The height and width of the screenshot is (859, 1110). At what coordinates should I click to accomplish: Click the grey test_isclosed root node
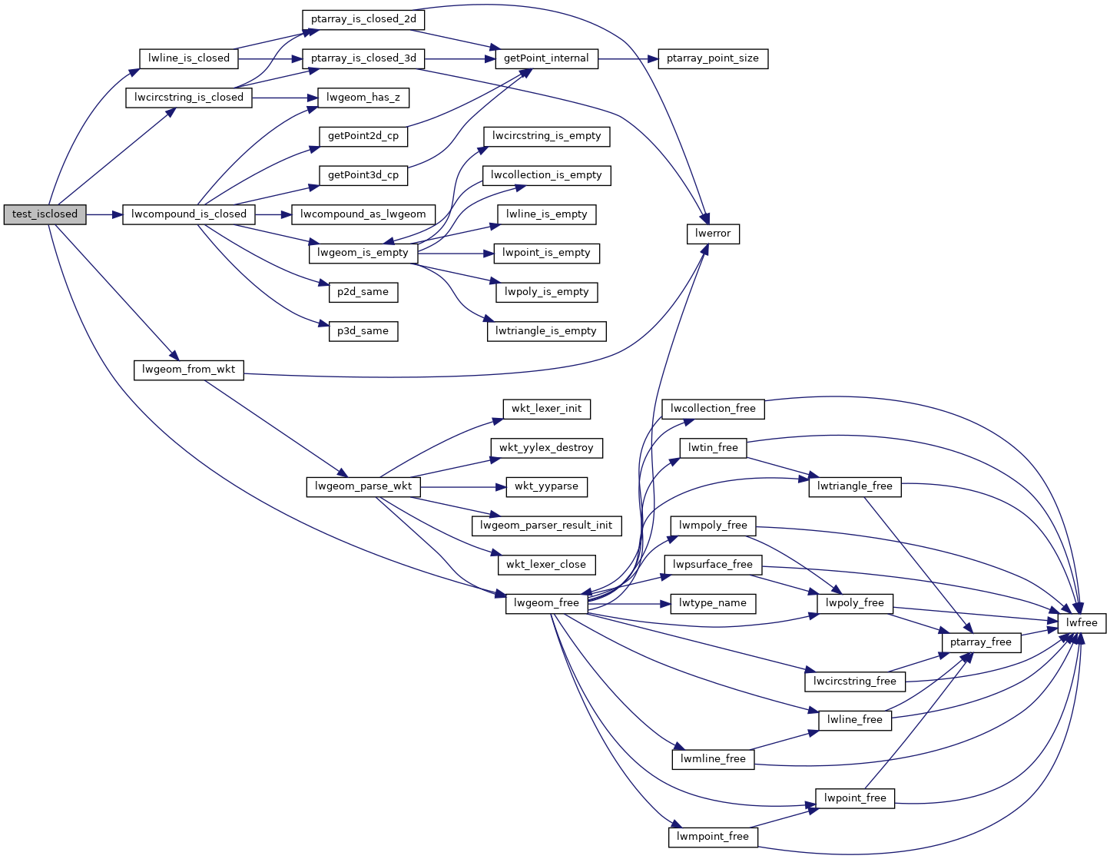pyautogui.click(x=45, y=214)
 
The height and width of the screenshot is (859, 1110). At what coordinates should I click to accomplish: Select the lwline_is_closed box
pyautogui.click(x=188, y=58)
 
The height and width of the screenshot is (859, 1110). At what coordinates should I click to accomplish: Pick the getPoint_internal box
pyautogui.click(x=546, y=58)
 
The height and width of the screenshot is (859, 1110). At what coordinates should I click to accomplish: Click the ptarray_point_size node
pyautogui.click(x=712, y=58)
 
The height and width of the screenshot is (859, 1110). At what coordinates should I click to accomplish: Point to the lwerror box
pyautogui.click(x=713, y=234)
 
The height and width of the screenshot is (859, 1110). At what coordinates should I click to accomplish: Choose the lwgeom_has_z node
pyautogui.click(x=363, y=98)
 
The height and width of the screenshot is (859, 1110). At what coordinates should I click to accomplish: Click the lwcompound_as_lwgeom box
pyautogui.click(x=363, y=214)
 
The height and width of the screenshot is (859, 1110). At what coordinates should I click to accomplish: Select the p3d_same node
pyautogui.click(x=363, y=331)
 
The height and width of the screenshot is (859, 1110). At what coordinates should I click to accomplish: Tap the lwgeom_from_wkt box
pyautogui.click(x=188, y=370)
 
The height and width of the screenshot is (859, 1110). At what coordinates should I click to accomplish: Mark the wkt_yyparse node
pyautogui.click(x=546, y=486)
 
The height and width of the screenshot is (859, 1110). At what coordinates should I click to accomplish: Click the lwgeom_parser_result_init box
pyautogui.click(x=546, y=526)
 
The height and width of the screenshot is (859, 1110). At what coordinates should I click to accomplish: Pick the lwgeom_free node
pyautogui.click(x=546, y=603)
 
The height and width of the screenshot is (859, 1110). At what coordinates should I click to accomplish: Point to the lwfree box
pyautogui.click(x=1082, y=622)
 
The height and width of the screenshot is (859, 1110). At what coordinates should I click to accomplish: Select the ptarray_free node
pyautogui.click(x=980, y=642)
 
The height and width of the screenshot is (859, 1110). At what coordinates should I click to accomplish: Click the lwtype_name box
pyautogui.click(x=712, y=603)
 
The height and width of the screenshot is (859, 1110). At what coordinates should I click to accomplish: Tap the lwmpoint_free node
pyautogui.click(x=712, y=837)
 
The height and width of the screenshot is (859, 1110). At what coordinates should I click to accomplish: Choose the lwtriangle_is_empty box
pyautogui.click(x=546, y=331)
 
